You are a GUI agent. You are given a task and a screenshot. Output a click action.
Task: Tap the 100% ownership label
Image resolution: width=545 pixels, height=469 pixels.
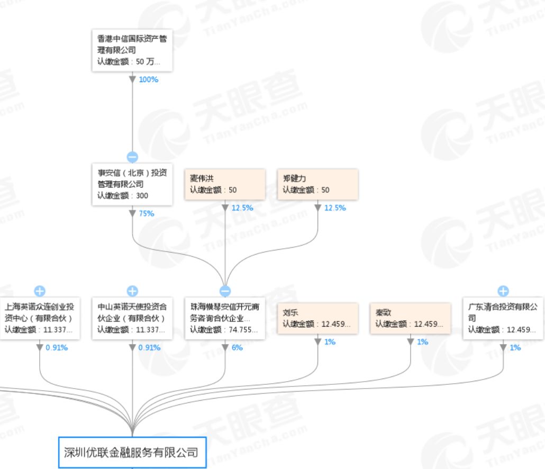pyautogui.click(x=149, y=79)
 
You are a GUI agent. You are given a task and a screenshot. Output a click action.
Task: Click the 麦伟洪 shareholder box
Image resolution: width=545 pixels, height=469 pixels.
pyautogui.click(x=225, y=185)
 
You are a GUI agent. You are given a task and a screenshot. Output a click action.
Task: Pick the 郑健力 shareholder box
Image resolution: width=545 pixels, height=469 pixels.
pyautogui.click(x=318, y=185)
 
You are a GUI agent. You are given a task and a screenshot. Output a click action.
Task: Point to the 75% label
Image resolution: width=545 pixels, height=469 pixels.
pyautogui.click(x=147, y=214)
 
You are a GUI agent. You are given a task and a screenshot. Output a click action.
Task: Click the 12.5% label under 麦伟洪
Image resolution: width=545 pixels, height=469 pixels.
pyautogui.click(x=242, y=208)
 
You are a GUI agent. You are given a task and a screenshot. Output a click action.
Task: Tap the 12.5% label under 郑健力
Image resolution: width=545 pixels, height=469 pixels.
pyautogui.click(x=335, y=208)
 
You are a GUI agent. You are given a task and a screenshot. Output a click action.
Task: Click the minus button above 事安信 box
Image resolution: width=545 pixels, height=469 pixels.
pyautogui.click(x=132, y=157)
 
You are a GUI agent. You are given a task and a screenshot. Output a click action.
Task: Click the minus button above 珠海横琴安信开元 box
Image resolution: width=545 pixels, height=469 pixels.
pyautogui.click(x=225, y=291)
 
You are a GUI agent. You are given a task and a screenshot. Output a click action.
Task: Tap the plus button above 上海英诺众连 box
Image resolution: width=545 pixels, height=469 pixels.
pyautogui.click(x=40, y=291)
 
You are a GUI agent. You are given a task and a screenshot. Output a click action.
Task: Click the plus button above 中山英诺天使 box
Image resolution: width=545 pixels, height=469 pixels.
pyautogui.click(x=132, y=291)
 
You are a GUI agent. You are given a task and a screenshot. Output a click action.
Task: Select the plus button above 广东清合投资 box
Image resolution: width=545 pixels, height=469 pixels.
pyautogui.click(x=503, y=291)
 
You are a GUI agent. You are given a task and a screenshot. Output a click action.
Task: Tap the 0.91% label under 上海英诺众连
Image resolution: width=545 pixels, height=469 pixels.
pyautogui.click(x=57, y=348)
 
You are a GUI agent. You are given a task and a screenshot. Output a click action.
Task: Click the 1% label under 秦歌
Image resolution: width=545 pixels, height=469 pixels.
pyautogui.click(x=422, y=342)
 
